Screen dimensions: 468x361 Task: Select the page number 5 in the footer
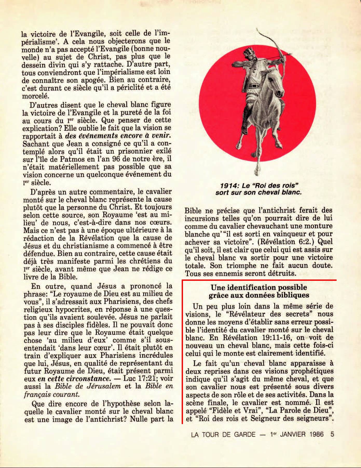(332, 434)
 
